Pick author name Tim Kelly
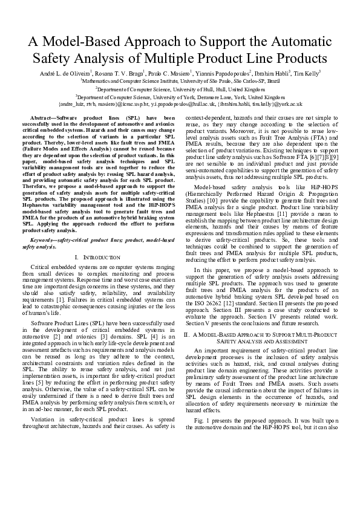(306, 73)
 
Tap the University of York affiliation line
(180, 96)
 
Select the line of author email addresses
(180, 104)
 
